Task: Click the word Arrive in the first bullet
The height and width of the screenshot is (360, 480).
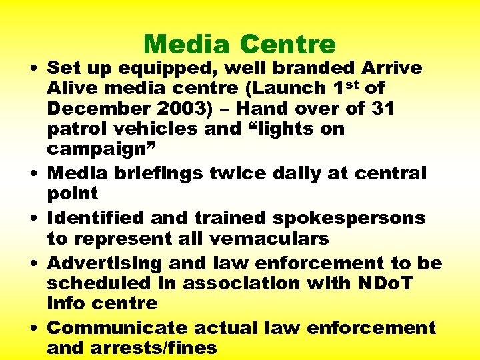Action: click(x=391, y=68)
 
